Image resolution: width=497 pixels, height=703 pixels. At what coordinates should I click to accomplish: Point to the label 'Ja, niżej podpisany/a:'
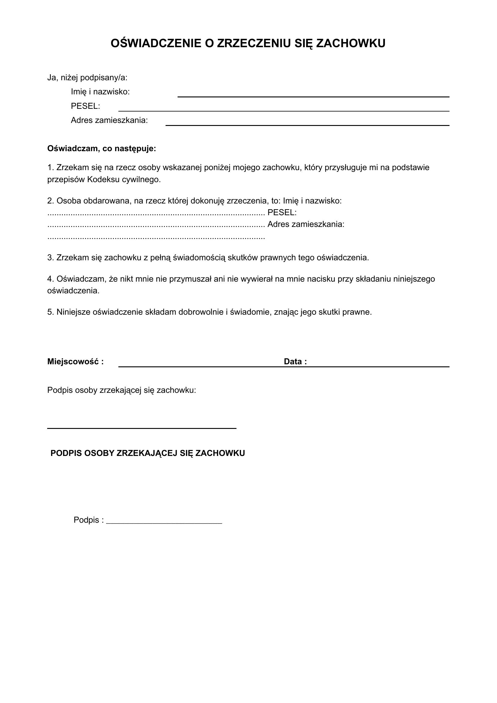(87, 78)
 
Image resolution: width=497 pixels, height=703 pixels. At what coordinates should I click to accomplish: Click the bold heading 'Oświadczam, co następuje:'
(102, 149)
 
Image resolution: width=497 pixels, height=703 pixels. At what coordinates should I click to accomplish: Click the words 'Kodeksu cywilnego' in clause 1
(123, 179)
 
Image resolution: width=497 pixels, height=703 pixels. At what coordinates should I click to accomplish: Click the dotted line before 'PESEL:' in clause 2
(156, 213)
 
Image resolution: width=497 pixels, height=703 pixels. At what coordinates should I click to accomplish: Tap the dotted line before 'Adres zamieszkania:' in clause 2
(156, 225)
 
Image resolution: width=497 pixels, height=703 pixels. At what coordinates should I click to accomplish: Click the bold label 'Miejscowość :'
(75, 362)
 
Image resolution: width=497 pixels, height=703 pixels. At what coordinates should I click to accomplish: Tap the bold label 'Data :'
(295, 362)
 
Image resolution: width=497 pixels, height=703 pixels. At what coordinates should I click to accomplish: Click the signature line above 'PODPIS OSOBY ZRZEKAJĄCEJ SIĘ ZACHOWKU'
(142, 428)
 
